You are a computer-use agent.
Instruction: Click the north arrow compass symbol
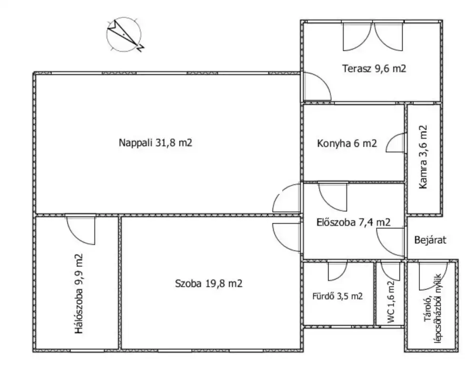(x=124, y=34)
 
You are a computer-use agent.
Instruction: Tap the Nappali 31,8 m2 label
(x=156, y=143)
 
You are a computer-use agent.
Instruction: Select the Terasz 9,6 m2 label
(x=374, y=68)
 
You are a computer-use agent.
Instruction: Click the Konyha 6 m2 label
(x=347, y=143)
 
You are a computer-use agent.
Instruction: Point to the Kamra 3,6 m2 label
(x=423, y=157)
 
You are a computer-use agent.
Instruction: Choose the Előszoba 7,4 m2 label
(x=353, y=222)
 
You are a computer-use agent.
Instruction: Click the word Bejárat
(x=430, y=240)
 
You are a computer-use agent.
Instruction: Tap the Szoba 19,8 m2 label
(x=208, y=284)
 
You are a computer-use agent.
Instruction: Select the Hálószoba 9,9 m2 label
(x=79, y=293)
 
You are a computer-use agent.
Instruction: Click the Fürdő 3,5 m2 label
(x=337, y=296)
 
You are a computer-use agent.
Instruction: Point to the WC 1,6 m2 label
(x=391, y=302)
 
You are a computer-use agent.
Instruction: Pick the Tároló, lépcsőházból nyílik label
(x=433, y=309)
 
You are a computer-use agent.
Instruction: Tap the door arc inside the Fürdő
(x=337, y=270)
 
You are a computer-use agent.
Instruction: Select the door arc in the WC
(x=391, y=270)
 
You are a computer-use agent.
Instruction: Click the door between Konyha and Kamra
(x=395, y=143)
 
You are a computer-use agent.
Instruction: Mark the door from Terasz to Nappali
(x=317, y=86)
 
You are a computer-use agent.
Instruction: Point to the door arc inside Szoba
(x=287, y=237)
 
